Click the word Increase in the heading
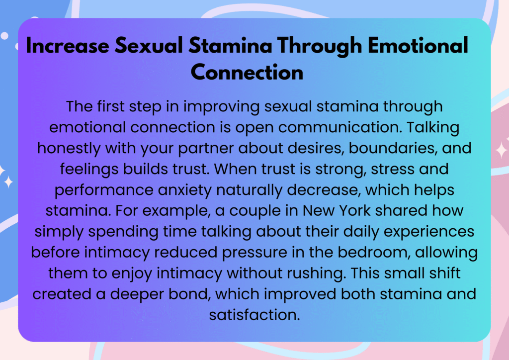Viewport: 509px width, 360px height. [x=68, y=45]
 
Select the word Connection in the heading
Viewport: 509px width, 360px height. [x=247, y=72]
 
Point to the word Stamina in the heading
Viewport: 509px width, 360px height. [x=230, y=45]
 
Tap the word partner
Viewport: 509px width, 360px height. [x=205, y=149]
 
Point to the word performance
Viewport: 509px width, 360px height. [x=104, y=190]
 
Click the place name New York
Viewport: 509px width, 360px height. [x=337, y=211]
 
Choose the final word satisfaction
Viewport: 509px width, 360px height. [x=254, y=315]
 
